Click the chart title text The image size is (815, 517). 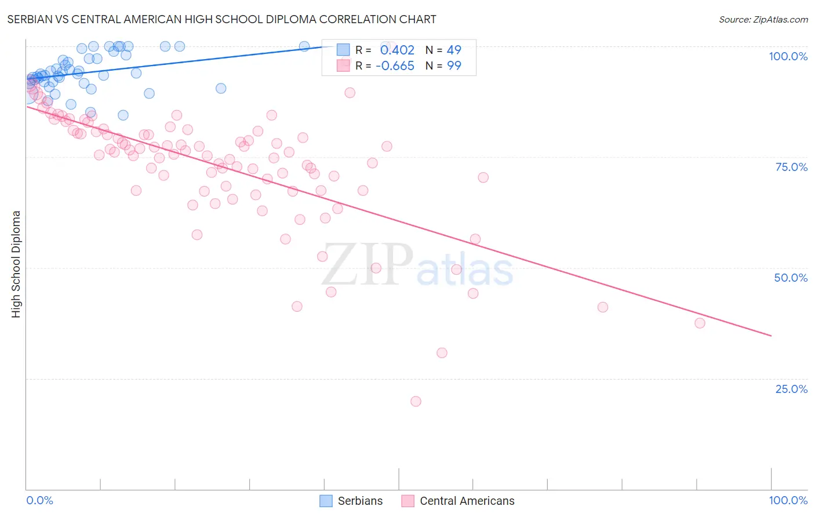[221, 19]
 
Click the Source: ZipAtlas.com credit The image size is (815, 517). [763, 19]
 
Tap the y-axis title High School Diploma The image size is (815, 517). [16, 264]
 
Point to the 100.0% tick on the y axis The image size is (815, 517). [788, 56]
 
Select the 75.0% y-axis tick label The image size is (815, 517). [791, 167]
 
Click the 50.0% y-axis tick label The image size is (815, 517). [791, 278]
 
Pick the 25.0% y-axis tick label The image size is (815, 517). [791, 389]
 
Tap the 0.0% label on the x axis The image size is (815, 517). [39, 500]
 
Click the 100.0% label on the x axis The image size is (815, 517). [788, 500]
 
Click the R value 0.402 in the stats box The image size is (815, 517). [397, 50]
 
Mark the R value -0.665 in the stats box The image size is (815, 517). [395, 66]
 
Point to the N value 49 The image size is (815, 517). [454, 50]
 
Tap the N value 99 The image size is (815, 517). [454, 66]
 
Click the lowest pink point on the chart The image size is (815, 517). [416, 401]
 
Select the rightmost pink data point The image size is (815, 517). [700, 323]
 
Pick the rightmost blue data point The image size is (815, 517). [304, 46]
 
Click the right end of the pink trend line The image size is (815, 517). [771, 336]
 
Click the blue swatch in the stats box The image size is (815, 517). [343, 50]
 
